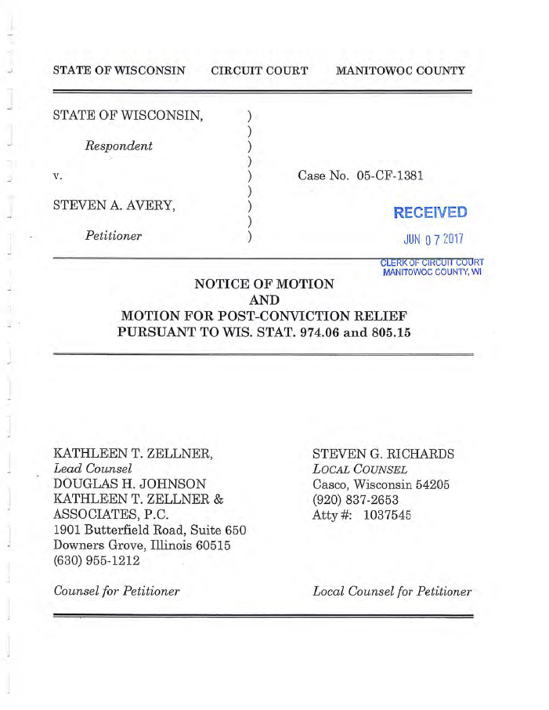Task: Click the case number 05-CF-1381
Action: tap(390, 176)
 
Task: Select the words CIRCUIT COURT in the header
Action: tap(259, 71)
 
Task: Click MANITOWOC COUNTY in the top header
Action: tap(400, 71)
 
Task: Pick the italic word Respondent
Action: tap(119, 146)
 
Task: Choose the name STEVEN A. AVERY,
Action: tap(114, 205)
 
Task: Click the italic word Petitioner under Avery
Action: tap(114, 235)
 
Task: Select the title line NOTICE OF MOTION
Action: tap(264, 284)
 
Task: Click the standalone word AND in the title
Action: tap(264, 300)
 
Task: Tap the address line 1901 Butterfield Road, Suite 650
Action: tap(150, 529)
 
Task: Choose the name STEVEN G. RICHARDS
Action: tap(383, 454)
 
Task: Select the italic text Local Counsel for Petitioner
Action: tap(392, 591)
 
